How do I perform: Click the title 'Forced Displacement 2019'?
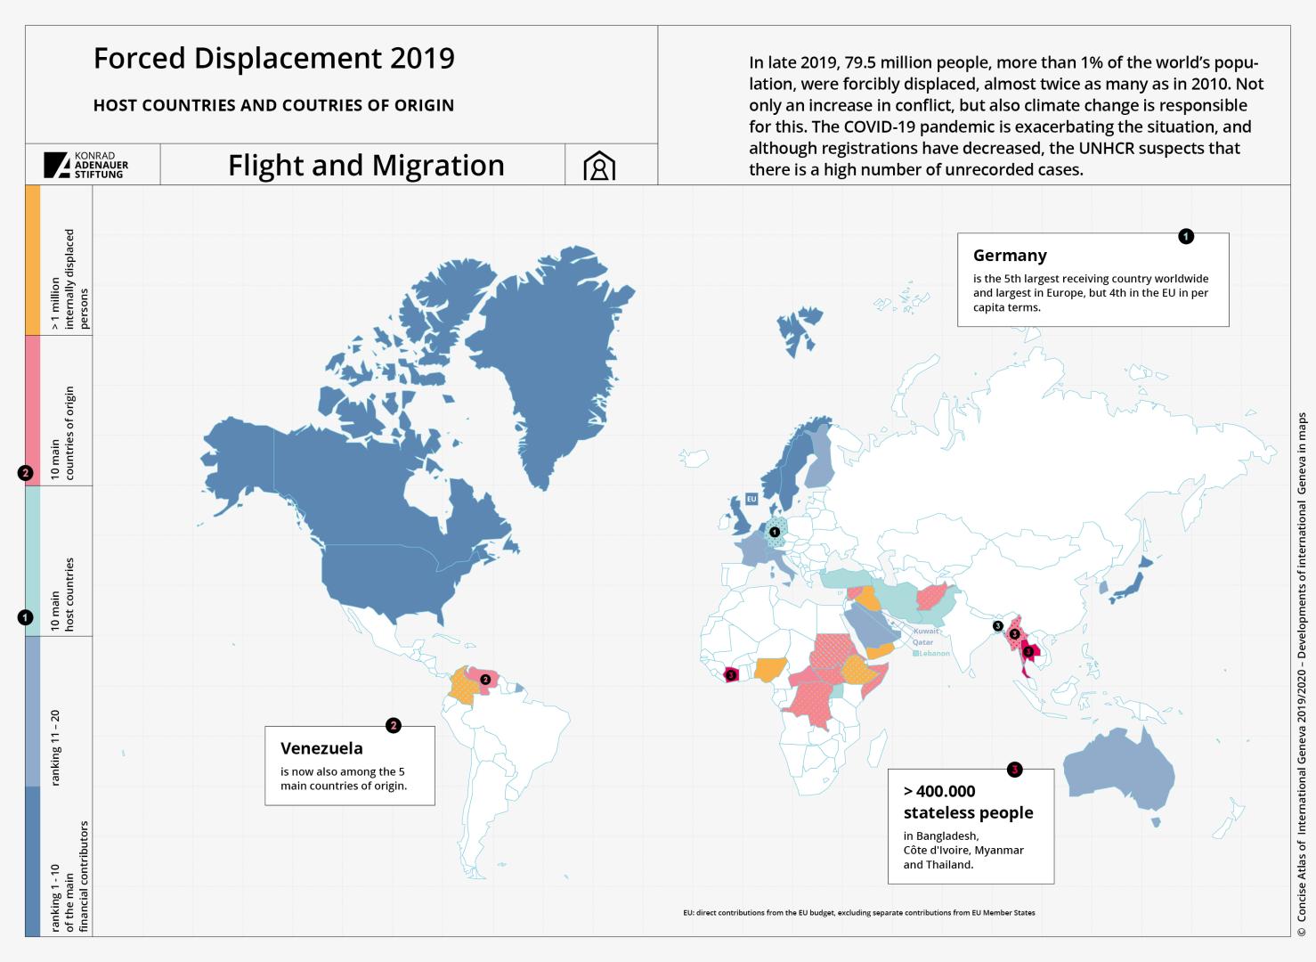click(273, 59)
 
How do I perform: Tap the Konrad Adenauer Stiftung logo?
click(86, 165)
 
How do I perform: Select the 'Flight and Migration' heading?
click(366, 166)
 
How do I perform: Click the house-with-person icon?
click(599, 166)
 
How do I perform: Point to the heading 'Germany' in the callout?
click(1010, 256)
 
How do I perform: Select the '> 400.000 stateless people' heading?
click(968, 802)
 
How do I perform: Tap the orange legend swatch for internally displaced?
click(33, 259)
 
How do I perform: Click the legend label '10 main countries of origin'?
click(62, 433)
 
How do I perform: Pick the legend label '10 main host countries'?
click(62, 594)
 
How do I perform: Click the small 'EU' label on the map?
click(751, 499)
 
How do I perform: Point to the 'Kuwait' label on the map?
click(925, 631)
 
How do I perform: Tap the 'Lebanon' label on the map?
click(934, 653)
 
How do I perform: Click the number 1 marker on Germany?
click(775, 533)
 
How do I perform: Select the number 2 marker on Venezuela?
click(485, 679)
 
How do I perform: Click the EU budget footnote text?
click(858, 913)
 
